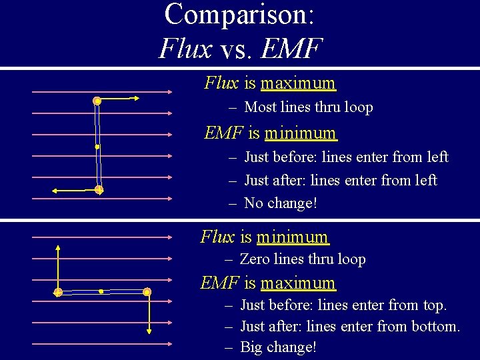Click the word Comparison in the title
pyautogui.click(x=239, y=15)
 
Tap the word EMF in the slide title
pyautogui.click(x=292, y=48)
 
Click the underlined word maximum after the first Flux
pyautogui.click(x=298, y=83)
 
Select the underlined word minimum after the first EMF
pyautogui.click(x=300, y=133)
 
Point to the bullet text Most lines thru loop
pyautogui.click(x=308, y=107)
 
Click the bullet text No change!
pyautogui.click(x=280, y=203)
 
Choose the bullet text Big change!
pyautogui.click(x=277, y=347)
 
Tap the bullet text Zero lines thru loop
pyautogui.click(x=303, y=259)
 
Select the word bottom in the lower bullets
pyautogui.click(x=435, y=327)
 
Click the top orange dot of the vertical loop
pyautogui.click(x=97, y=101)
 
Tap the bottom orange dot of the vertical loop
pyautogui.click(x=99, y=190)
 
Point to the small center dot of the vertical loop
pyautogui.click(x=97, y=146)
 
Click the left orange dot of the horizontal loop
pyautogui.click(x=58, y=292)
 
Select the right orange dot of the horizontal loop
pyautogui.click(x=147, y=292)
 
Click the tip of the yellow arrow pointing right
pyautogui.click(x=139, y=99)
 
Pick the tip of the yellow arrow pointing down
pyautogui.click(x=149, y=333)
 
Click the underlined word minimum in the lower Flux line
pyautogui.click(x=293, y=237)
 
